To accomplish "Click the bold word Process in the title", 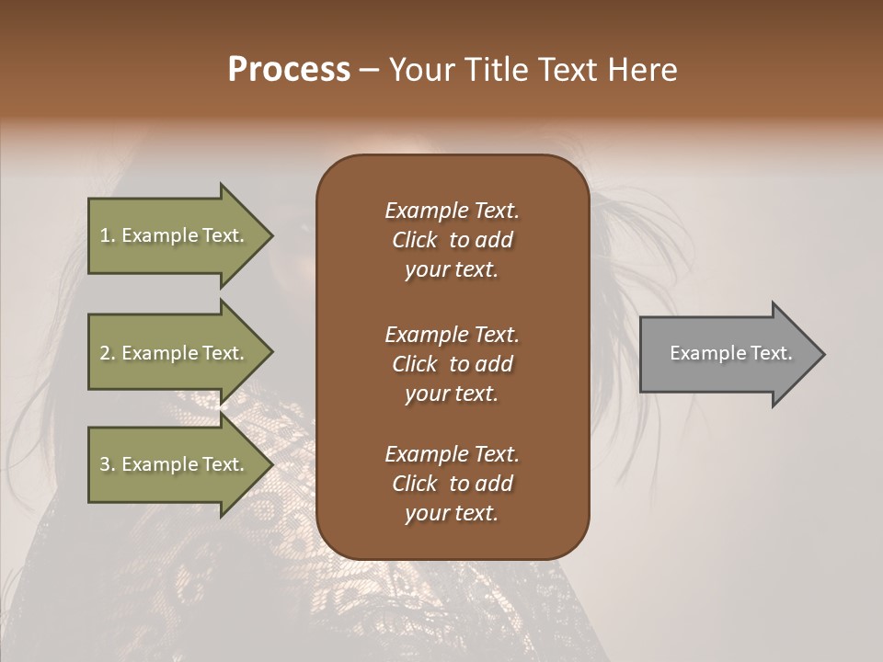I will (289, 70).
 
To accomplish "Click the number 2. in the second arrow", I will (108, 353).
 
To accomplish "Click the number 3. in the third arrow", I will (108, 464).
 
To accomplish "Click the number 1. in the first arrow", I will (107, 235).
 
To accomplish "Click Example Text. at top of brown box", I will (452, 211).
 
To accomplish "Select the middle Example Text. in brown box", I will (452, 335).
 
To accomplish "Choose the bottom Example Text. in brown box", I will (452, 454).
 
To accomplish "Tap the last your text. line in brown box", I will (452, 513).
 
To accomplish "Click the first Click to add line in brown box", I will (452, 240).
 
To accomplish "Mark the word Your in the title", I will (418, 70).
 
